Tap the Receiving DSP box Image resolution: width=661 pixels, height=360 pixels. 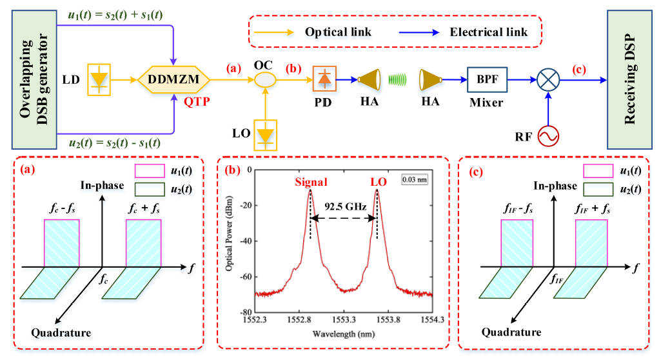[632, 78]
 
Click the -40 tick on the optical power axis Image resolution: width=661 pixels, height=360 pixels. [245, 241]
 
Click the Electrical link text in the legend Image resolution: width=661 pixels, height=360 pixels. [489, 31]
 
